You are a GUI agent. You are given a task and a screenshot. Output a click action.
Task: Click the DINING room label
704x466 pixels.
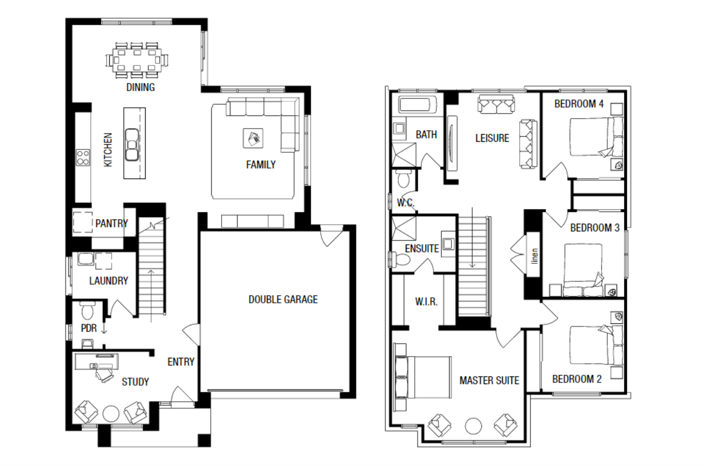140,87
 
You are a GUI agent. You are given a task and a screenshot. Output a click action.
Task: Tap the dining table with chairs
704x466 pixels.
137,60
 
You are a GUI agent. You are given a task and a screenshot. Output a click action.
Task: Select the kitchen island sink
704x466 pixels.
132,145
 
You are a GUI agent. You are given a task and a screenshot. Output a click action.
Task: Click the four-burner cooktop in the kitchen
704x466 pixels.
83,158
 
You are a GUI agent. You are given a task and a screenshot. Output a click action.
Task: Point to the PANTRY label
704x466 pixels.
112,224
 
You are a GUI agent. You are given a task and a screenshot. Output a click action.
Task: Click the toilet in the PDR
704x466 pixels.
87,310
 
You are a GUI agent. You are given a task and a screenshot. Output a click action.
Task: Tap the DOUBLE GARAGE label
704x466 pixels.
283,299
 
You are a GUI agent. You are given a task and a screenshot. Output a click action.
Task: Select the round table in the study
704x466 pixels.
111,414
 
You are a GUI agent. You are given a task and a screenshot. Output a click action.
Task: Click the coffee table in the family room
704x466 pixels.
253,138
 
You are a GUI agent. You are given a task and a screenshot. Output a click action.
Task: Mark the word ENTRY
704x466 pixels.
181,362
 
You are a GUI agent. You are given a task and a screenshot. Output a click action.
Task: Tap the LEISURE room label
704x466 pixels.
492,138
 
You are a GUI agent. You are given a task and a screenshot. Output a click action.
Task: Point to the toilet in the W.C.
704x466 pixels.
404,179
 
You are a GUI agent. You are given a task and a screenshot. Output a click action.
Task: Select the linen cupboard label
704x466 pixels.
535,256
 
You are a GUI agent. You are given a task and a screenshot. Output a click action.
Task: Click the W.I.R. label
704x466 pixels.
426,302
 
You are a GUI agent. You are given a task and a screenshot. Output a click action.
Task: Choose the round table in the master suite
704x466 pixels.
473,426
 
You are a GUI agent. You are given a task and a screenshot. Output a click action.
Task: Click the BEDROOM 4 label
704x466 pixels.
579,104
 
